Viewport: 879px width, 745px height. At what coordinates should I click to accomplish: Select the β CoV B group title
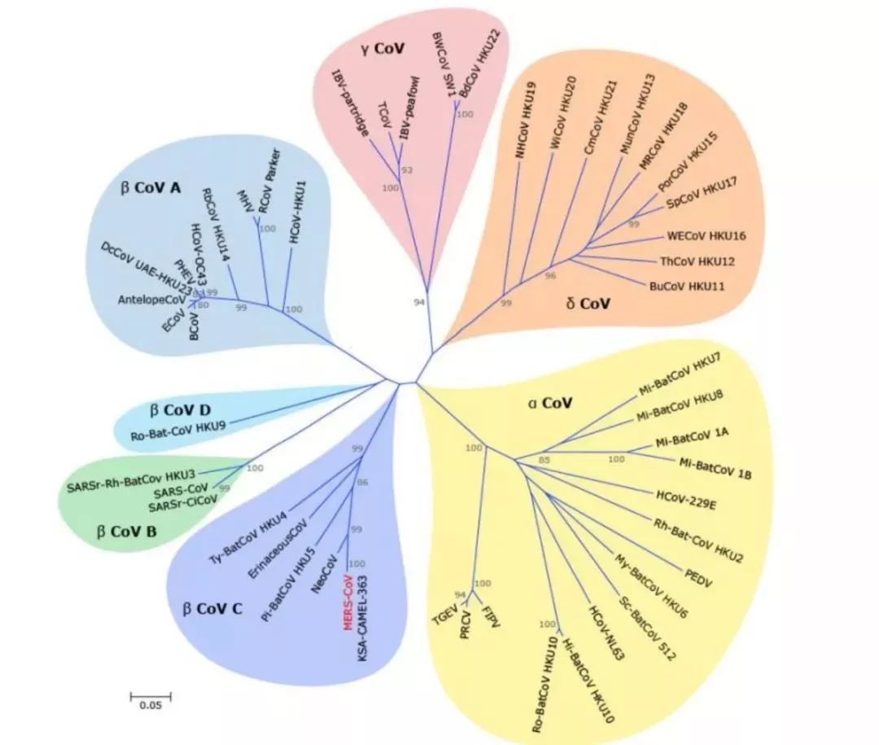[129, 533]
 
